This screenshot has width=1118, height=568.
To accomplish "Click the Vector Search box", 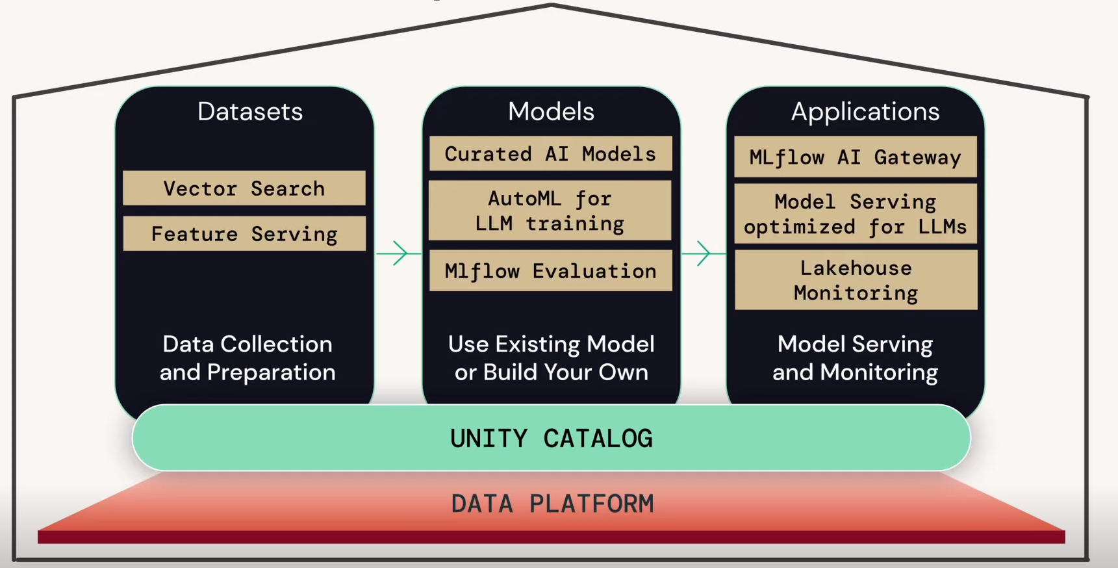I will point(244,188).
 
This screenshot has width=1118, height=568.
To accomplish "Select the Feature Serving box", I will point(244,234).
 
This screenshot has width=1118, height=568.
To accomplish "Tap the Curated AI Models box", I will point(550,154).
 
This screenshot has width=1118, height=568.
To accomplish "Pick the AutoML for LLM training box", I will point(550,211).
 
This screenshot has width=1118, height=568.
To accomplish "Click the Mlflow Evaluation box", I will point(550,271).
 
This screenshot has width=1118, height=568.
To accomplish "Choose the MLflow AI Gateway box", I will point(855,157).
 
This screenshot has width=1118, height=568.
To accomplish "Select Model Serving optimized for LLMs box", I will point(855,214).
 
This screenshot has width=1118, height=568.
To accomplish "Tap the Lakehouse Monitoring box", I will point(855,280).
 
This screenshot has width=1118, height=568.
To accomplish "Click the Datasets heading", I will point(250,112).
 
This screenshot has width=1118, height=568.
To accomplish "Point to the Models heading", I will point(551,112).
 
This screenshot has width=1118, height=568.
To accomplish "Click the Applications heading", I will point(865,112).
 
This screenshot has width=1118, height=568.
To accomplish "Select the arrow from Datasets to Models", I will point(398,253).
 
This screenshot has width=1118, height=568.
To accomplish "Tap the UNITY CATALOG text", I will point(551,439).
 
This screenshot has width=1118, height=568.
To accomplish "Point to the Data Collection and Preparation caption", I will point(248,358).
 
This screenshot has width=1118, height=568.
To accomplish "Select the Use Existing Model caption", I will point(551,358).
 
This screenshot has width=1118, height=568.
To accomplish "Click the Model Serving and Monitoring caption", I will point(855,358).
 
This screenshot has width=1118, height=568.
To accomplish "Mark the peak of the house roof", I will point(552,5).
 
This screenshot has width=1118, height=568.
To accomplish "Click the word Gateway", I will point(917,157).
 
